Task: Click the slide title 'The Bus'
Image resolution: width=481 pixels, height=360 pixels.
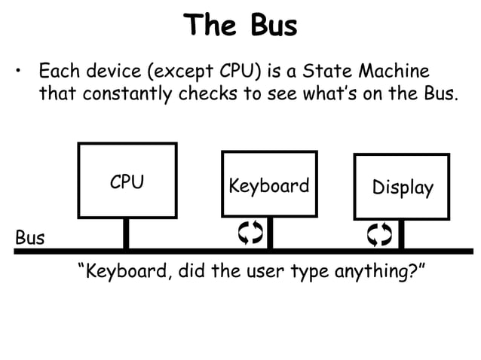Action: [x=240, y=25]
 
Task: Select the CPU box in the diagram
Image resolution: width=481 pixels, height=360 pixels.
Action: [x=127, y=181]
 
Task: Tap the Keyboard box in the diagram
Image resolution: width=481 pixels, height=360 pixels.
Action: [x=269, y=185]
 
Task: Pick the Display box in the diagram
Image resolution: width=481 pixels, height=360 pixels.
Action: [x=402, y=187]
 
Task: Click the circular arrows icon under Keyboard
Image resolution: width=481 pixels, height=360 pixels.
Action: [x=250, y=234]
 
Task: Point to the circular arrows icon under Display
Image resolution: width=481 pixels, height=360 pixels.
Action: [x=380, y=234]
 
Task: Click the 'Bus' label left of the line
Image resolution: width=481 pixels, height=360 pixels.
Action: [x=30, y=239]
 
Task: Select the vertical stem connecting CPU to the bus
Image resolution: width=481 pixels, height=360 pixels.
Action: [x=127, y=233]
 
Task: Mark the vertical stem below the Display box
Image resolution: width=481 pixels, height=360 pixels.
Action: [x=401, y=235]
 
